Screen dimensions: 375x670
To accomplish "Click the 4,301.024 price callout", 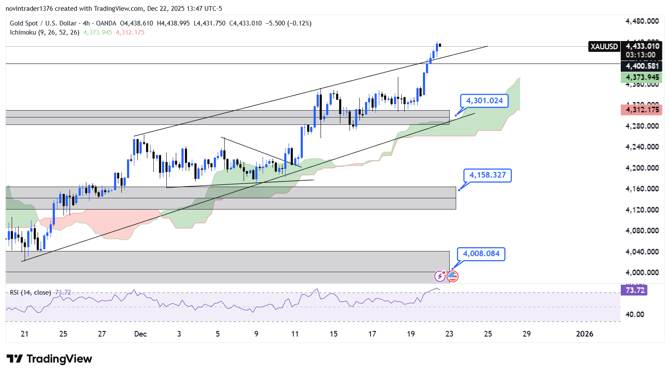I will click(484, 101).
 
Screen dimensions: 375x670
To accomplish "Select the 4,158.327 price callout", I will click(487, 175).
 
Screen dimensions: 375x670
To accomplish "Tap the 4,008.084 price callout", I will click(481, 254).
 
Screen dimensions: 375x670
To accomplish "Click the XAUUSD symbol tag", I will click(604, 47).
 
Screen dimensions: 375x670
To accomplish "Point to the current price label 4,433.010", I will click(642, 46).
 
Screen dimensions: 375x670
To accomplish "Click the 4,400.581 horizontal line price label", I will click(642, 66).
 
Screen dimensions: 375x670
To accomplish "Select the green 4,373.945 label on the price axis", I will click(642, 77).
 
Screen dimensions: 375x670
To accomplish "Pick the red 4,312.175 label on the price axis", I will click(642, 110).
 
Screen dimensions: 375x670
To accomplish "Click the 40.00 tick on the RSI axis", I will click(635, 315).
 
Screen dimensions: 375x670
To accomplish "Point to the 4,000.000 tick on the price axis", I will click(642, 273).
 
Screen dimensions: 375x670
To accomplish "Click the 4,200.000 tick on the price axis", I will click(642, 168).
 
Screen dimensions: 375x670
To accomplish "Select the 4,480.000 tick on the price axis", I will click(642, 21).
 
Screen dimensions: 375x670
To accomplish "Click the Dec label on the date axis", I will click(140, 334).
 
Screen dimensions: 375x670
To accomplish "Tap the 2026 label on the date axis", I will click(584, 334).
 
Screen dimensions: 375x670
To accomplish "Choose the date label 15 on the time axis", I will click(333, 334).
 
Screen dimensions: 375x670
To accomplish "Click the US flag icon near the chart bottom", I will click(452, 276).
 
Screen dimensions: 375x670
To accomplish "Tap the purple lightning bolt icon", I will click(440, 276).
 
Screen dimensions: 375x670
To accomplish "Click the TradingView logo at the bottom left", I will click(49, 359).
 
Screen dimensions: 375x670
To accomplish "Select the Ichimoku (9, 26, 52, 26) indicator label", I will click(44, 32).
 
